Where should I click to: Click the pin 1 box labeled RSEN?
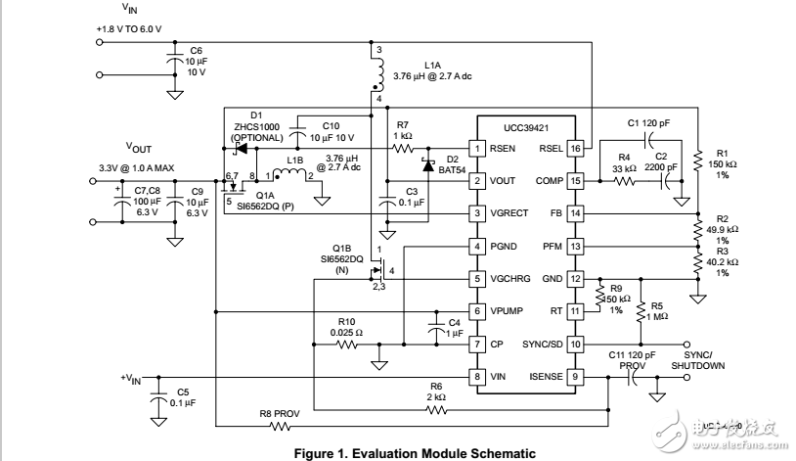click(x=476, y=149)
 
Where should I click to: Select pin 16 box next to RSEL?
click(x=577, y=149)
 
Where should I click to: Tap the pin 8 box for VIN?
click(x=476, y=376)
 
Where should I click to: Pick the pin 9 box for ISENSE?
click(x=577, y=376)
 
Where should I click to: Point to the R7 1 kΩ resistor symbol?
click(x=402, y=149)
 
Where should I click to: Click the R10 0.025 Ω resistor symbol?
click(x=344, y=344)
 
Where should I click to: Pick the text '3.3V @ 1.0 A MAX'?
click(x=137, y=168)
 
